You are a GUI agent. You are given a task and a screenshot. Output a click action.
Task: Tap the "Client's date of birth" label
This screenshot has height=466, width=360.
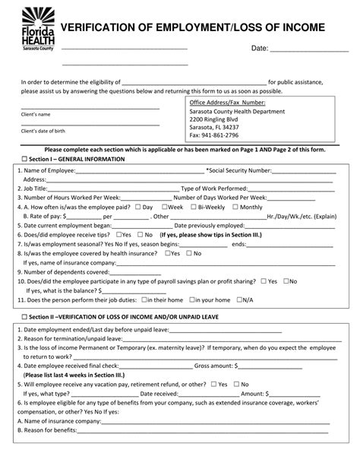pyautogui.click(x=46, y=130)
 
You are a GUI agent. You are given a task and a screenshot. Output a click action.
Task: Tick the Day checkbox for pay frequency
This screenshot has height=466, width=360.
pyautogui.click(x=137, y=207)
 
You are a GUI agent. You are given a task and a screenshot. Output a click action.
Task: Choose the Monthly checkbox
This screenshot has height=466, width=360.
pyautogui.click(x=234, y=207)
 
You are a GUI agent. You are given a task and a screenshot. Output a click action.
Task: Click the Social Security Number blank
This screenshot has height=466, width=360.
pyautogui.click(x=303, y=173)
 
